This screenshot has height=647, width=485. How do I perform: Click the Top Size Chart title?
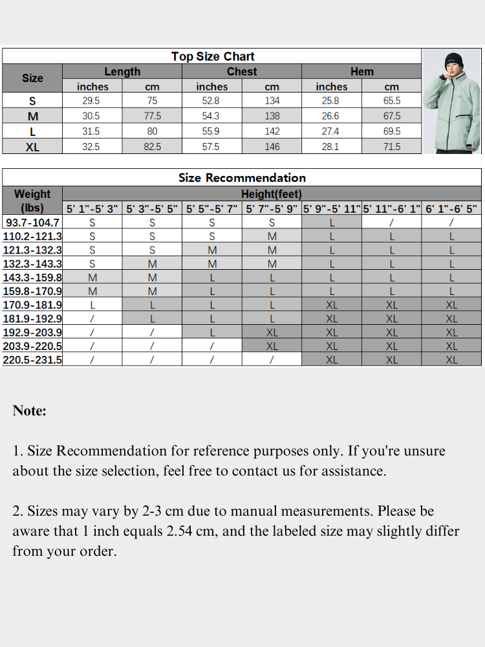click(x=213, y=56)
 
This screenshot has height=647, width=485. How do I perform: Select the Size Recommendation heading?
click(x=242, y=177)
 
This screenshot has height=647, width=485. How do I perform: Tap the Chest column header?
click(x=242, y=71)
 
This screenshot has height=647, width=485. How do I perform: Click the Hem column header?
click(x=361, y=71)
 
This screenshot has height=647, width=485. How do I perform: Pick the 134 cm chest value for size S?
click(x=272, y=101)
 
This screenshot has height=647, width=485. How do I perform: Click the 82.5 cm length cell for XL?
click(x=153, y=147)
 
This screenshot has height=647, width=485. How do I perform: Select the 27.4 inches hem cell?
click(x=330, y=131)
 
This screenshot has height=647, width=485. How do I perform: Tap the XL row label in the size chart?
click(x=32, y=147)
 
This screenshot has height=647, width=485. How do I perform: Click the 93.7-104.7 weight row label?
click(x=32, y=223)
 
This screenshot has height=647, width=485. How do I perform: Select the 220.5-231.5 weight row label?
click(x=32, y=360)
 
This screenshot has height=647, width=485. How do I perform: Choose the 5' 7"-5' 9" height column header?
click(x=272, y=209)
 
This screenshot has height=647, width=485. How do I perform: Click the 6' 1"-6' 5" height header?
click(x=451, y=209)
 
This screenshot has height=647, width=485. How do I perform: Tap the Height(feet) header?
click(x=272, y=194)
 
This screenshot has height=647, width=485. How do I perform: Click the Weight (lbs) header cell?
click(x=32, y=201)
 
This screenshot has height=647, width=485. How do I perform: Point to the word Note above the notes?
click(x=30, y=411)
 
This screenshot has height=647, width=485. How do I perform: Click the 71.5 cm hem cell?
click(x=392, y=147)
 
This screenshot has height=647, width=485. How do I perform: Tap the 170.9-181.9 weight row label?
click(x=32, y=305)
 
